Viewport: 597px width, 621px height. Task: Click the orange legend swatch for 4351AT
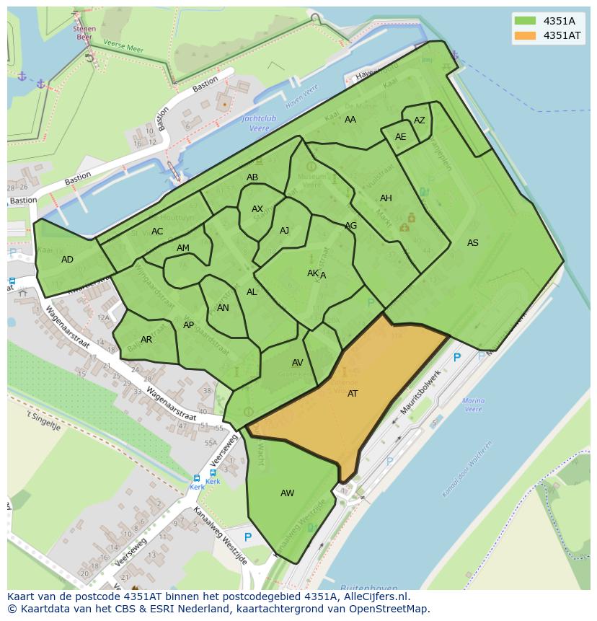(x=526, y=35)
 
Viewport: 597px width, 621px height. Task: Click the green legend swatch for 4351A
(x=526, y=20)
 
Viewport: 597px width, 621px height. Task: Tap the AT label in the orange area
(x=353, y=394)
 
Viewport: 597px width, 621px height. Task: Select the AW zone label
(x=287, y=493)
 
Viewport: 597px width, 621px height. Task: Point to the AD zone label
(x=67, y=260)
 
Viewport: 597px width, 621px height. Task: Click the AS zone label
(x=472, y=243)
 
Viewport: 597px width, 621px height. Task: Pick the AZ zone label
(x=419, y=120)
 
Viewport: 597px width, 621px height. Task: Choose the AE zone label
(x=400, y=137)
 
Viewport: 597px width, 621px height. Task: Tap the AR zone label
(x=146, y=340)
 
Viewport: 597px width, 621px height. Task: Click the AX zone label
(x=257, y=209)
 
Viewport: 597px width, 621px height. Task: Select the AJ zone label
(x=284, y=231)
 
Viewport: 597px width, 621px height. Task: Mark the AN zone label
(x=223, y=308)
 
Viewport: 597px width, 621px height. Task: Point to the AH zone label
(x=386, y=198)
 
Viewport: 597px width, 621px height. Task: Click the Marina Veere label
(x=473, y=405)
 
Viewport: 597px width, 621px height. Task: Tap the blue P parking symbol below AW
(x=248, y=537)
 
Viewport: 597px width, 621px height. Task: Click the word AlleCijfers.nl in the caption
(x=373, y=597)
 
